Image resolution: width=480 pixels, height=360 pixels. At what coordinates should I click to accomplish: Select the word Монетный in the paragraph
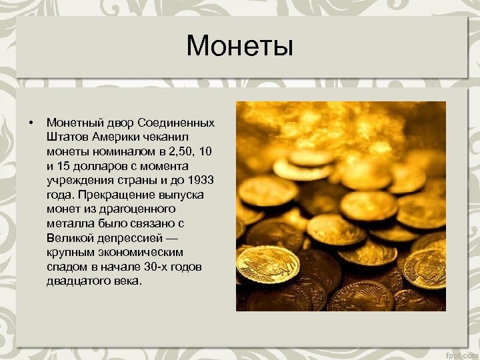(x=71, y=123)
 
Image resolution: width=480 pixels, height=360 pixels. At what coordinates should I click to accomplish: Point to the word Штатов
(x=65, y=137)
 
